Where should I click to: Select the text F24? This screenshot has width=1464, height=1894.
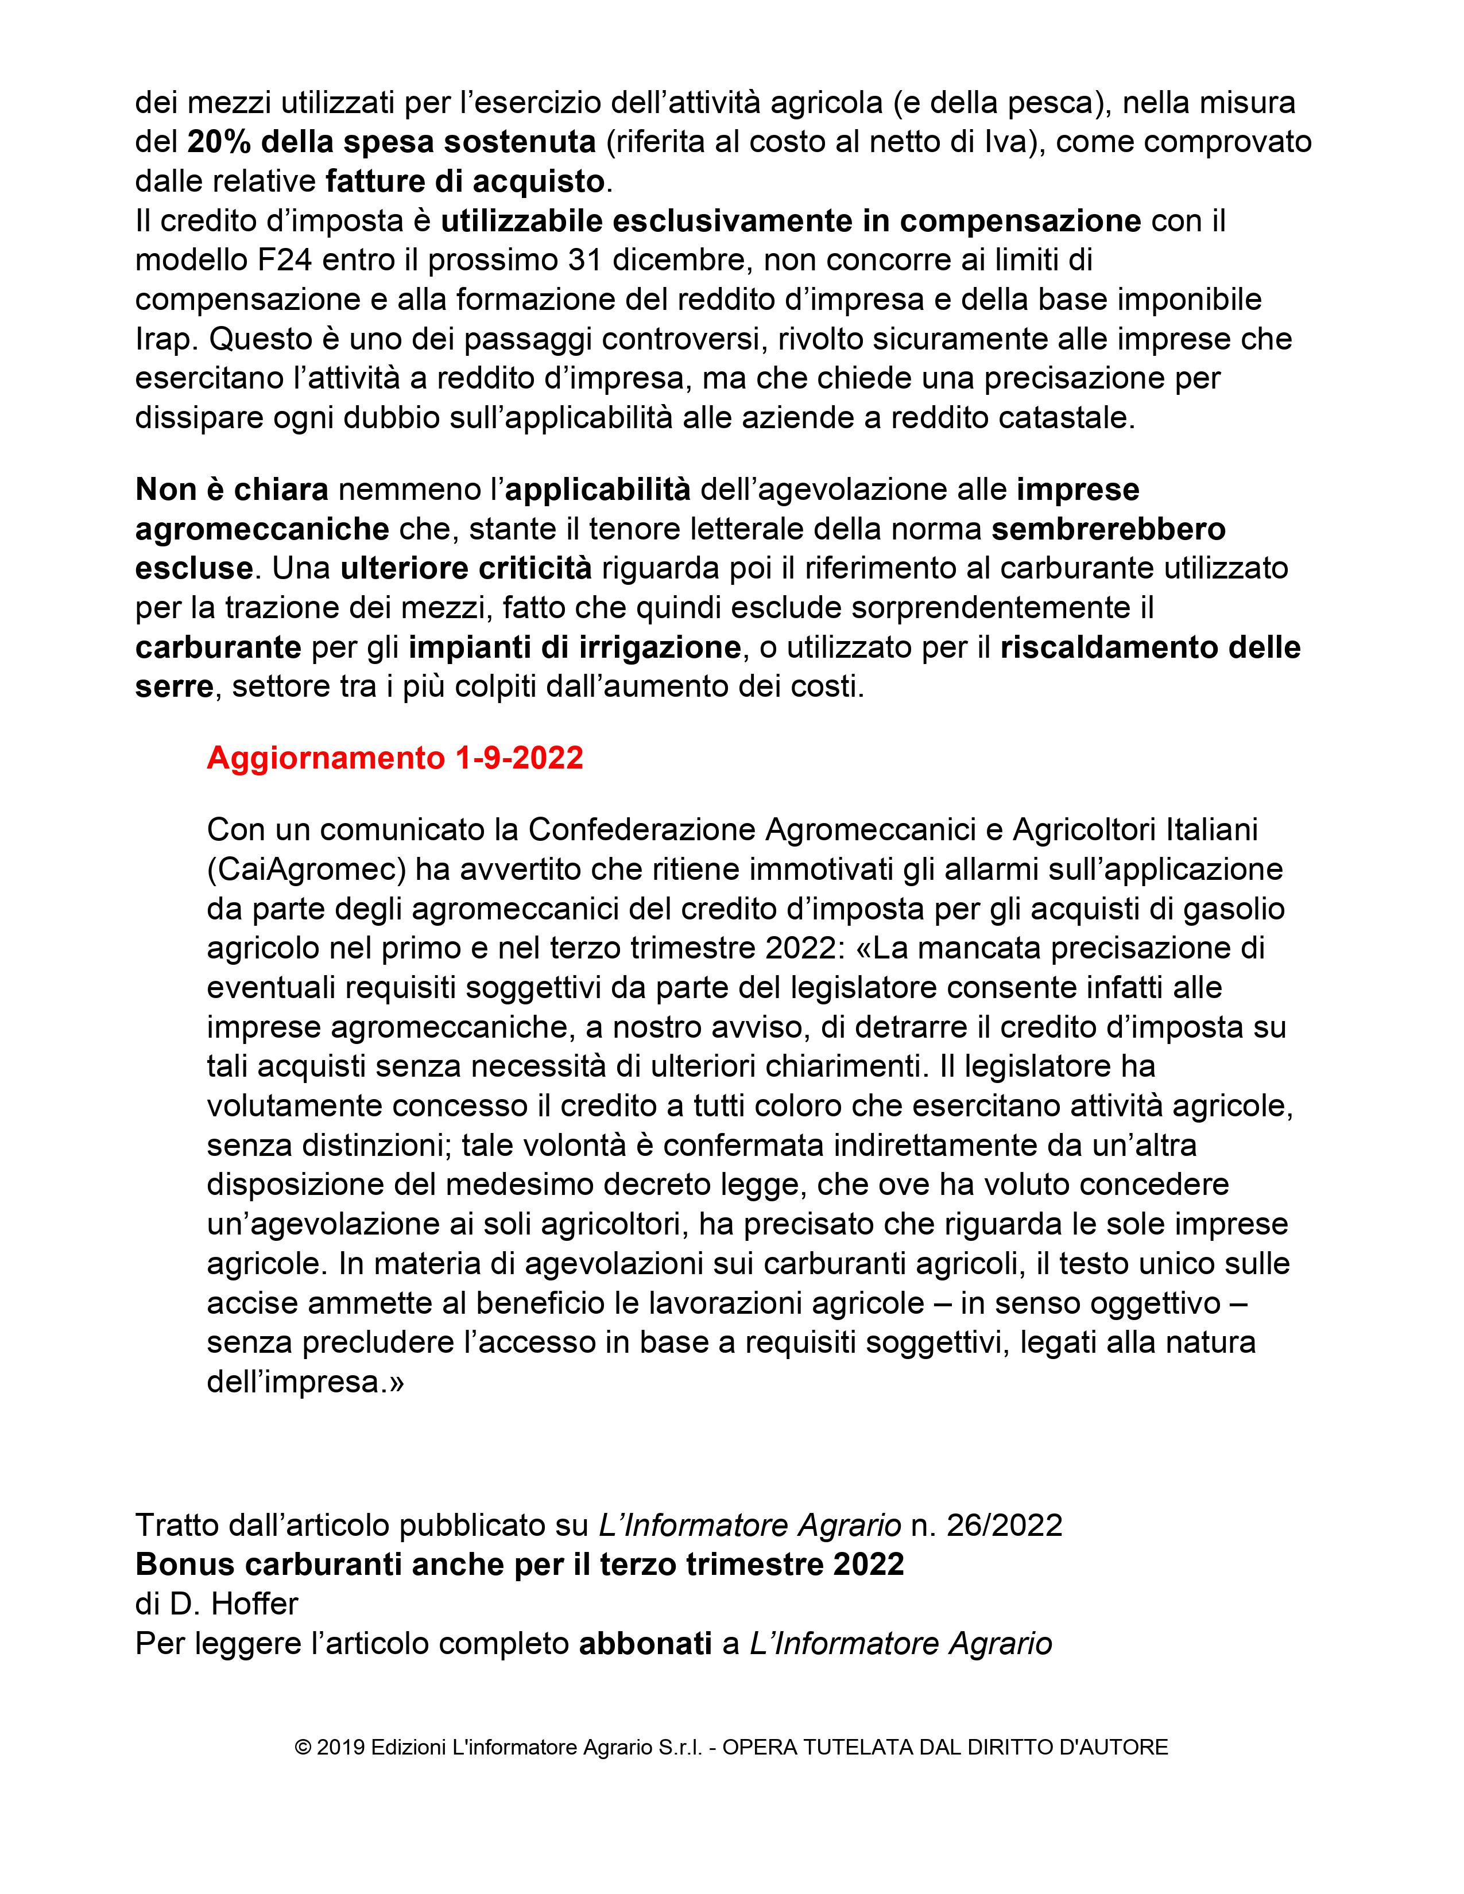(x=260, y=260)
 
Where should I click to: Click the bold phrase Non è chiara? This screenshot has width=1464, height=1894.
(x=231, y=490)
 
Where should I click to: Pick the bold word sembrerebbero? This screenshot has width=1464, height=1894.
(x=1109, y=529)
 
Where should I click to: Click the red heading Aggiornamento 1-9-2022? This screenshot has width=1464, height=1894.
(x=394, y=758)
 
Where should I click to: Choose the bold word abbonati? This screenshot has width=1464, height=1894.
(x=645, y=1643)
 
